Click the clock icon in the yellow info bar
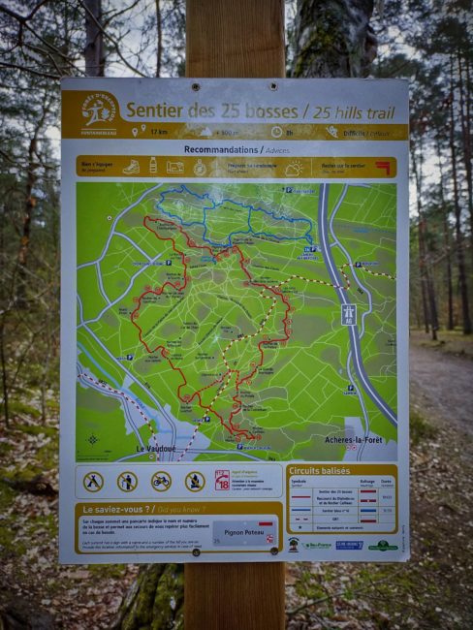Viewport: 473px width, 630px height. (276, 131)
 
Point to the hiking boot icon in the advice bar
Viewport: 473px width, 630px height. (131, 167)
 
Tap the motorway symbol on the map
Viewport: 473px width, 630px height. (348, 313)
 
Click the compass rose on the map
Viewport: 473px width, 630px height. (92, 438)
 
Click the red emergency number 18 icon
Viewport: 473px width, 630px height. (222, 480)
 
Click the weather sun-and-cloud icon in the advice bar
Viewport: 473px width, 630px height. (293, 168)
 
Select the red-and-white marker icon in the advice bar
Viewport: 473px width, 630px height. (383, 167)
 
